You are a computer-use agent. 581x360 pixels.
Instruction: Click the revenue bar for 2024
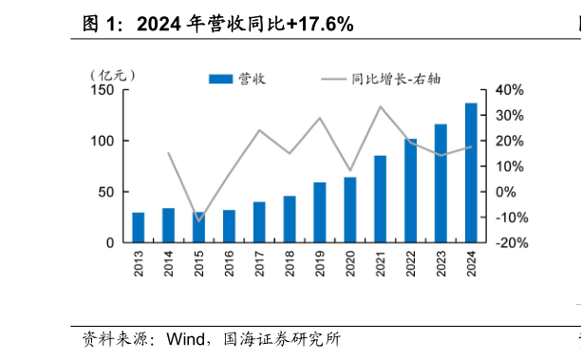tap(471, 173)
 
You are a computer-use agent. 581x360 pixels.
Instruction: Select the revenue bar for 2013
tap(139, 228)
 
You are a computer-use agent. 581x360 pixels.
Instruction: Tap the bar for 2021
tap(380, 199)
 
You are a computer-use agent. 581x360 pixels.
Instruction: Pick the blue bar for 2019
tap(320, 213)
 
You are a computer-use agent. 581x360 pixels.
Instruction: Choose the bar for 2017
tap(259, 222)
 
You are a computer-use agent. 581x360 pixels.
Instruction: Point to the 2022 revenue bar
tap(410, 191)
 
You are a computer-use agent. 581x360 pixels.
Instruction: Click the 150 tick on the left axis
tap(103, 90)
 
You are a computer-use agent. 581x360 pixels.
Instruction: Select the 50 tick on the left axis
tap(107, 192)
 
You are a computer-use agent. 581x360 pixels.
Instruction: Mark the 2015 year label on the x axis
tap(199, 263)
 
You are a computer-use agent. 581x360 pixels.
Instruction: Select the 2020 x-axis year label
tap(350, 263)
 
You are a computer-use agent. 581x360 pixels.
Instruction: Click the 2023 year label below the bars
tap(440, 263)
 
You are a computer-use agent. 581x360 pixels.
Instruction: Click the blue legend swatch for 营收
tap(220, 79)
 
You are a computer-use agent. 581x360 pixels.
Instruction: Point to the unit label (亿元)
tap(113, 75)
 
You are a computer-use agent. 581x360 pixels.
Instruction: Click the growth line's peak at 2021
tap(380, 106)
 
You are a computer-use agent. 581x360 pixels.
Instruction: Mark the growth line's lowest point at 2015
tap(198, 220)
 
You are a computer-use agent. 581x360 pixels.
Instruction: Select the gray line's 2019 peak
tap(320, 118)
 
